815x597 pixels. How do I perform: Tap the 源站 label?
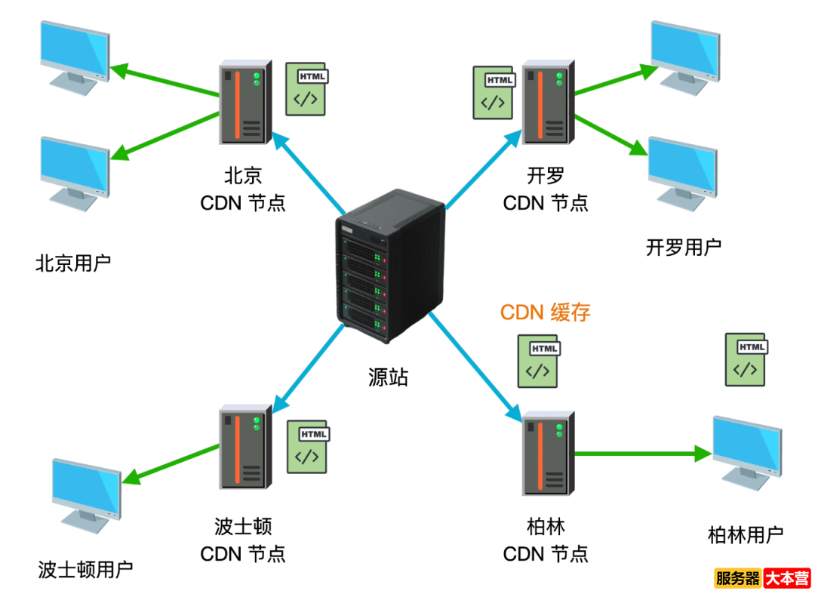(389, 377)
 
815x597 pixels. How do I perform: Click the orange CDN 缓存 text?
(545, 312)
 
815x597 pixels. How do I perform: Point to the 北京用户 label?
(73, 263)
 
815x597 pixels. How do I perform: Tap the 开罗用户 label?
(683, 247)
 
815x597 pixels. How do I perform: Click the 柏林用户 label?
(746, 535)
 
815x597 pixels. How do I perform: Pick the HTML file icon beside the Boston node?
(307, 447)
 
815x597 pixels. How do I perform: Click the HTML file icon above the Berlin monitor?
(746, 359)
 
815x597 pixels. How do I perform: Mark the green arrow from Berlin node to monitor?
(641, 454)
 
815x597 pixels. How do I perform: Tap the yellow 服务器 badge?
(737, 579)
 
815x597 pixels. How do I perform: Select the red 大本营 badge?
(787, 579)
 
